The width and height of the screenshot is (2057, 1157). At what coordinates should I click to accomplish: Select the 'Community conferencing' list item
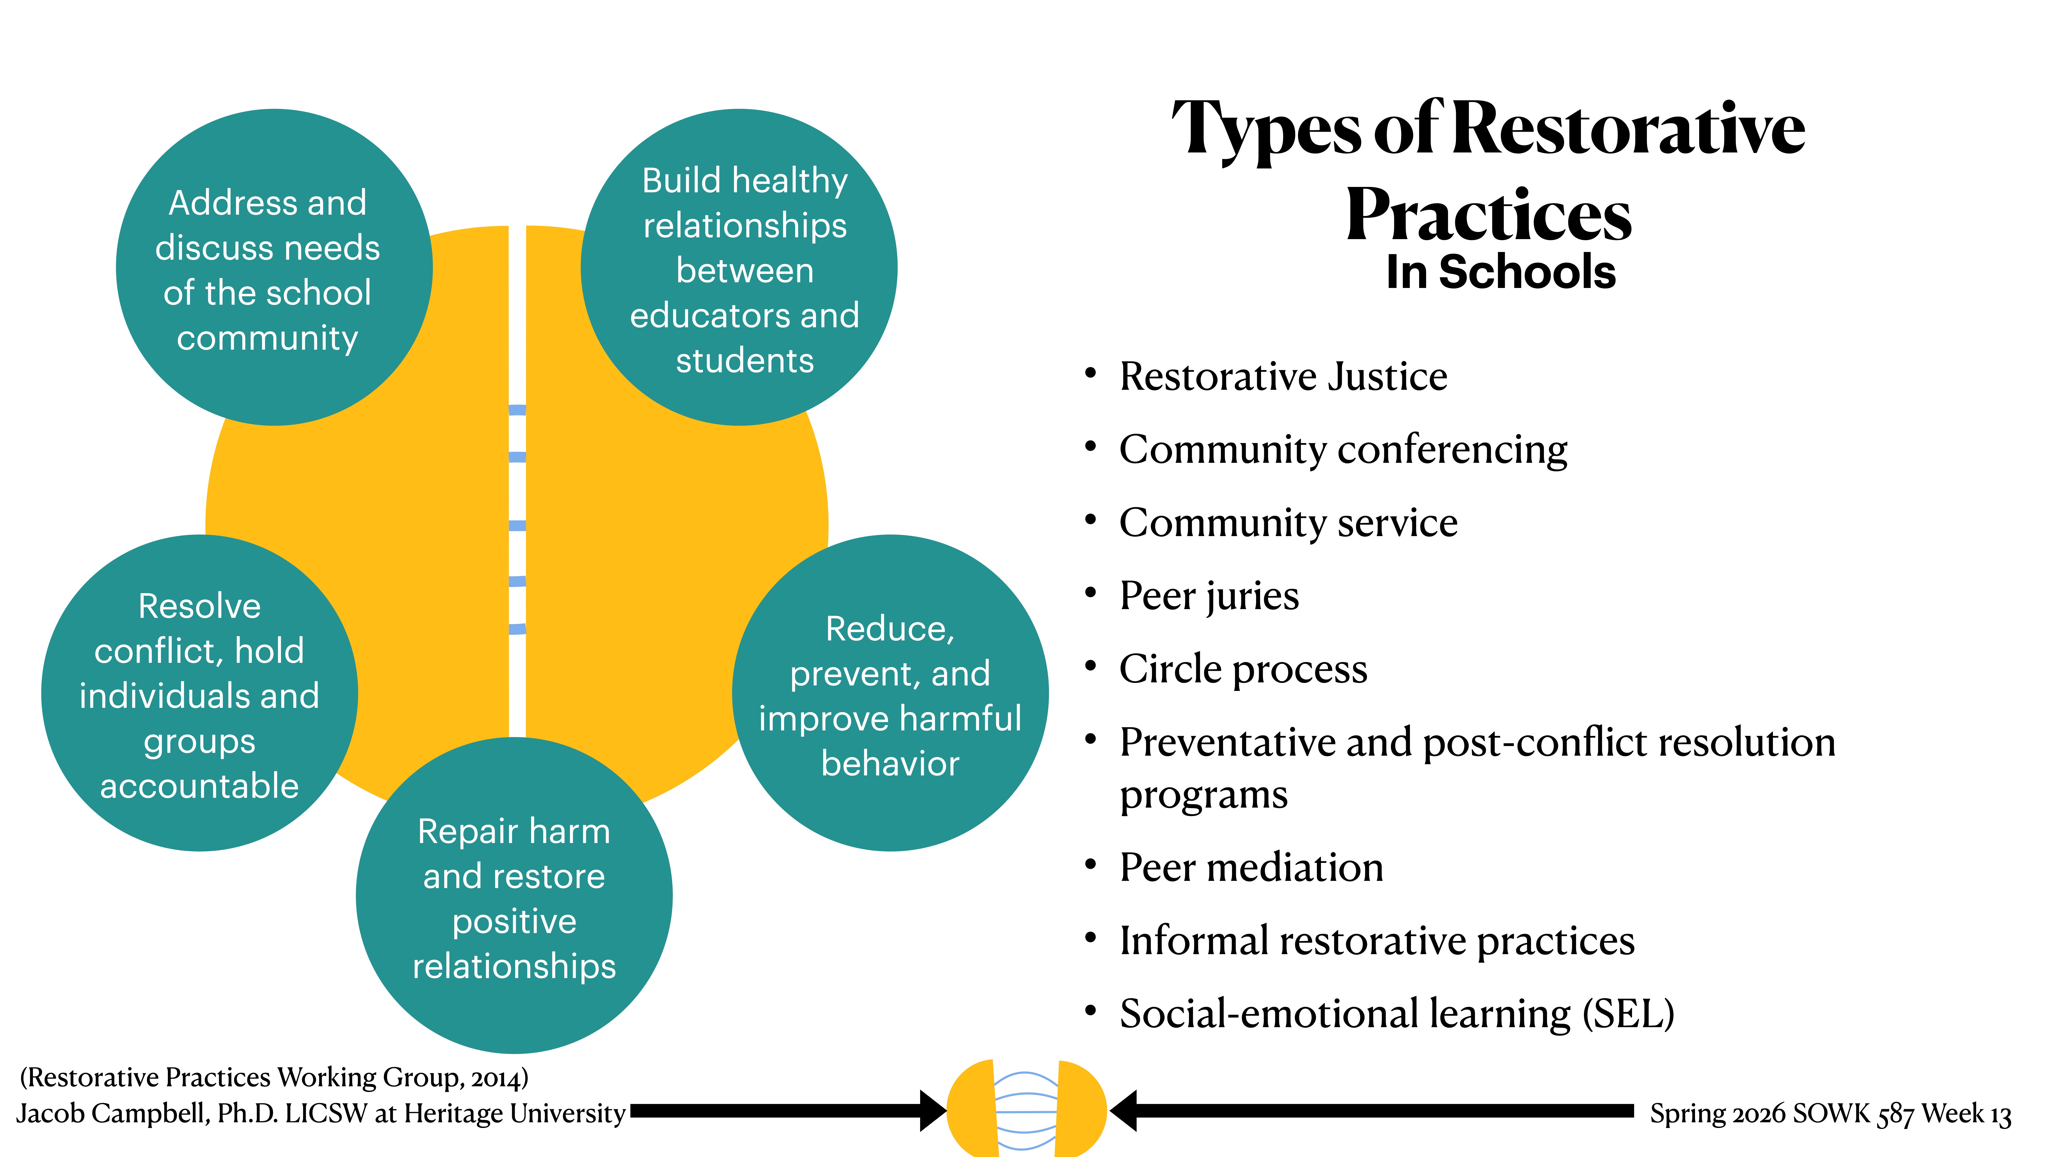tap(1343, 449)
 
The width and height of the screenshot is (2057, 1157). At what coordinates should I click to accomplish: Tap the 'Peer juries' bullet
tap(1209, 596)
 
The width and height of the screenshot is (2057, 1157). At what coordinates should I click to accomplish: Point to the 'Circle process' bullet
tap(1243, 669)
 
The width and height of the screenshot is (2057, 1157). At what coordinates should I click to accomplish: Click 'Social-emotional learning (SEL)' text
tap(1397, 1014)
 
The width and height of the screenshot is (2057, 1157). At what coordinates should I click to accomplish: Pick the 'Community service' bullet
tap(1288, 523)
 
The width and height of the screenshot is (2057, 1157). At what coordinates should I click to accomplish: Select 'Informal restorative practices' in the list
tap(1377, 941)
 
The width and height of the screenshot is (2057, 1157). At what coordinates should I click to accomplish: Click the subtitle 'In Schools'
tap(1500, 272)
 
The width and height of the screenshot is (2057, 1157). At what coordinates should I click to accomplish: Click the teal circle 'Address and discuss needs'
tap(274, 267)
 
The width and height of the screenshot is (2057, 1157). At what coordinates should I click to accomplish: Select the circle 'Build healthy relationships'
tap(739, 267)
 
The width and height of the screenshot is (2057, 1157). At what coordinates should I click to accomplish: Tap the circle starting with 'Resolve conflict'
tap(200, 693)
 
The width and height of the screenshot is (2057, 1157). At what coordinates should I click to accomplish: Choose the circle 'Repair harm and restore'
tap(514, 896)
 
